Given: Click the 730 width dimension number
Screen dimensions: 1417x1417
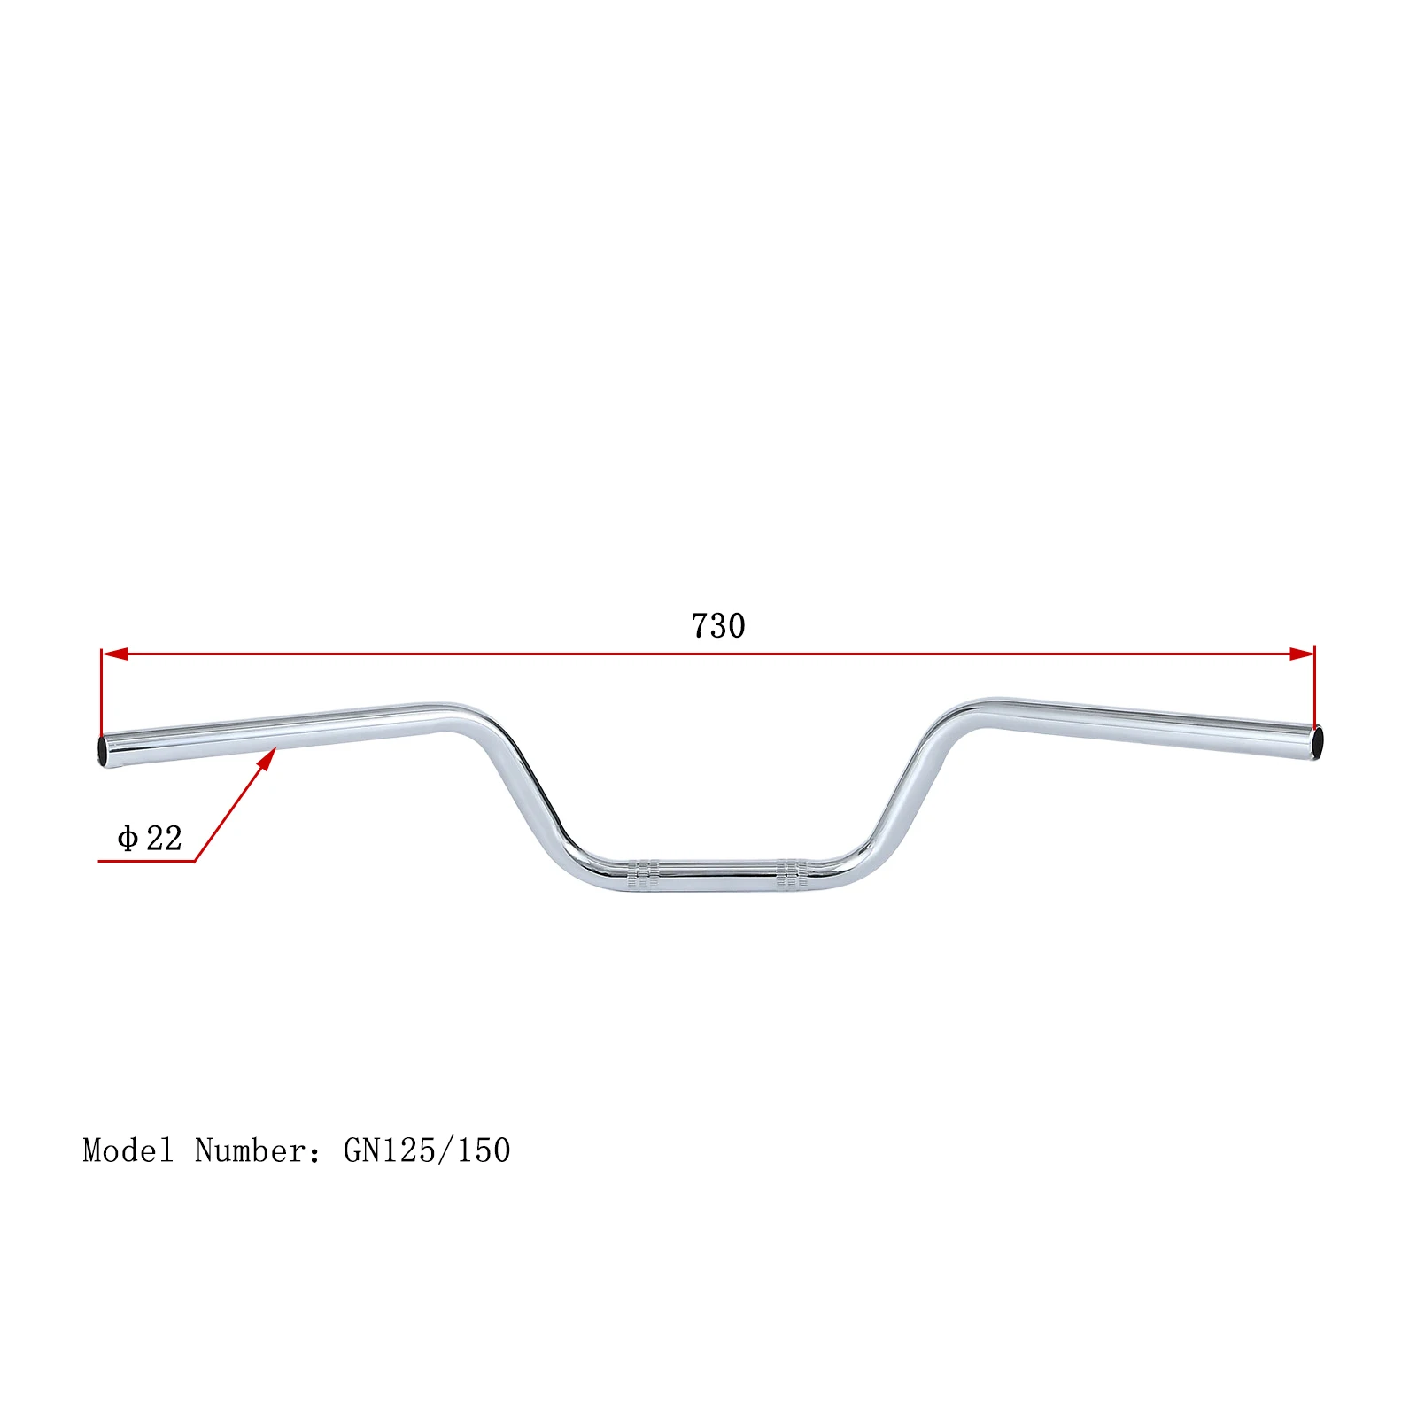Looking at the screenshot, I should point(718,626).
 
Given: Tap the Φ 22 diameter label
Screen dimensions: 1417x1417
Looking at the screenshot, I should point(150,838).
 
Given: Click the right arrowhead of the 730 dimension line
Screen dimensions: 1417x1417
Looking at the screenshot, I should point(1301,654).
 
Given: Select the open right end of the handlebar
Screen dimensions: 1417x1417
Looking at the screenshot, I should point(1317,741).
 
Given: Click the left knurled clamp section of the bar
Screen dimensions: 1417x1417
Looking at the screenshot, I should point(644,873).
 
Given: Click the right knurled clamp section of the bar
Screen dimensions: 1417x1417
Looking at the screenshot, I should point(793,873).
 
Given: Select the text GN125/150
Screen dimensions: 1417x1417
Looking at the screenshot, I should point(427,1150).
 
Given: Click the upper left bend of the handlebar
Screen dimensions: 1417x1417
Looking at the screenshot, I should point(465,717).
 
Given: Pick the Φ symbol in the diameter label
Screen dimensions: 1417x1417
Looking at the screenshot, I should point(128,838).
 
